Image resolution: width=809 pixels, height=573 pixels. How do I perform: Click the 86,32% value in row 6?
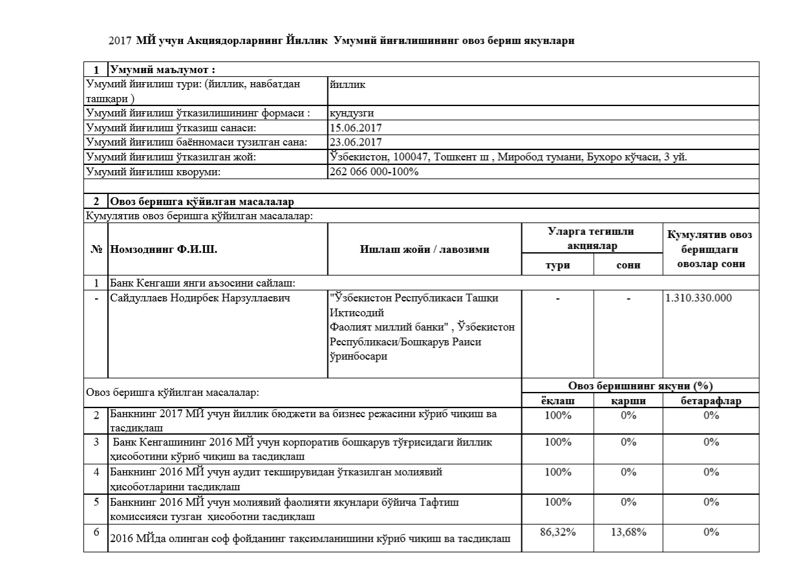(557, 532)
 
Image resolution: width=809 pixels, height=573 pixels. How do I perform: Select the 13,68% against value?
(628, 532)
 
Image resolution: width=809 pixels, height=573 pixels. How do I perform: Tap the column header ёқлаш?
(557, 401)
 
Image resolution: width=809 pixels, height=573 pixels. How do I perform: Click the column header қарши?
(628, 401)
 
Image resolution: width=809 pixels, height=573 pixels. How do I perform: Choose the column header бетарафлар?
(711, 401)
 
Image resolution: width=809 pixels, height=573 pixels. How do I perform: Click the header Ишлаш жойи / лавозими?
(424, 250)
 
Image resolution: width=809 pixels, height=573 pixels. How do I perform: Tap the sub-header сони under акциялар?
(628, 265)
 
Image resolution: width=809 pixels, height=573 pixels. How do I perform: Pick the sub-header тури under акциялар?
(557, 265)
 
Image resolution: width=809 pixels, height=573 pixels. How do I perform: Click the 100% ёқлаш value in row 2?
(557, 416)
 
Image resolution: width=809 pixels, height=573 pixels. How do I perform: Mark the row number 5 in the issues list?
(96, 502)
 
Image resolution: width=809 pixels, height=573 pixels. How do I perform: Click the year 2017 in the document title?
(121, 41)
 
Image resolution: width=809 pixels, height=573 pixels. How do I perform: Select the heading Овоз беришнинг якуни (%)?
(640, 386)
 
